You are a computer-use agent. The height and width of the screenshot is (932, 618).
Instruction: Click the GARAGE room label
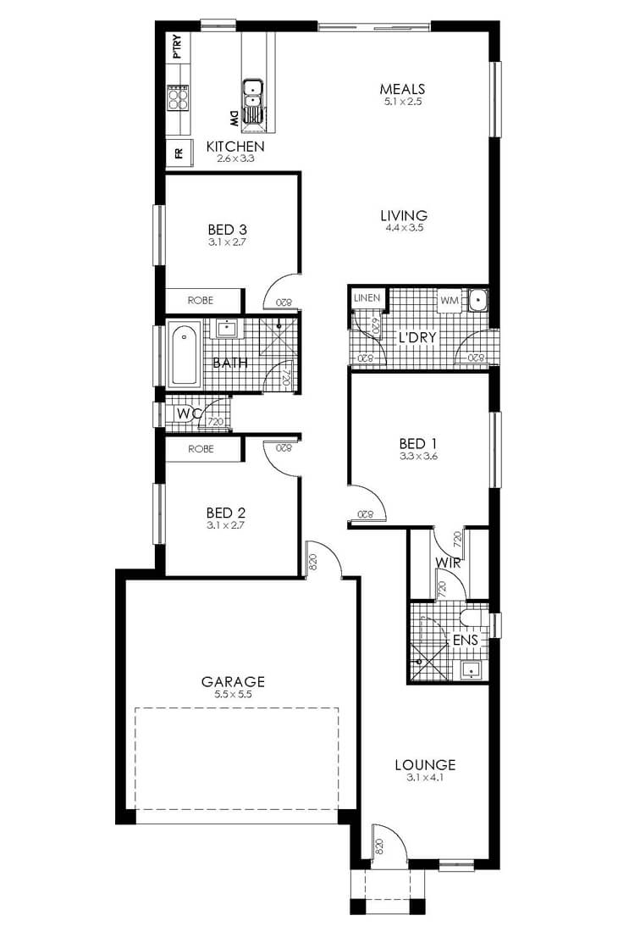point(233,681)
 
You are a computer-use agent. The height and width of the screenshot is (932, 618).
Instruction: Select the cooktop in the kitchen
point(178,97)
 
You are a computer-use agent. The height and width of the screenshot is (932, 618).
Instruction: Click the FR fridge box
point(179,153)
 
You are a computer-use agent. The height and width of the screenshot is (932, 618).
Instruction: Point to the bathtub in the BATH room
point(184,355)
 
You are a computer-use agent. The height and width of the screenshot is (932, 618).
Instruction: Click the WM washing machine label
point(450,301)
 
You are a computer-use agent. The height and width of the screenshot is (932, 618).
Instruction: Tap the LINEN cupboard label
point(367,297)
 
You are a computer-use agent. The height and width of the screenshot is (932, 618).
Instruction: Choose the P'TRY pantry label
point(177,47)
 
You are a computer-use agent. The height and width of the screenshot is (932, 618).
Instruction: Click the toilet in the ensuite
point(473,619)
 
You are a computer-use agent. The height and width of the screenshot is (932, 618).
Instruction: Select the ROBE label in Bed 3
point(200,301)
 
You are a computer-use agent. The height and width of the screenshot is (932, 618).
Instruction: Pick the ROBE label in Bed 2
point(201,449)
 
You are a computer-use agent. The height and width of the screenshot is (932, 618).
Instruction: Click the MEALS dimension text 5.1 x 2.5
point(402,102)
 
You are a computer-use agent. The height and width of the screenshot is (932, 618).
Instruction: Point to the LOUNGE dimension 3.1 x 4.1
point(425,778)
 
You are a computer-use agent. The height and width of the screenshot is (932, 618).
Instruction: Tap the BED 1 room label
point(418,443)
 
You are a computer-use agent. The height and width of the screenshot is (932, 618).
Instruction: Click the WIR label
point(448,563)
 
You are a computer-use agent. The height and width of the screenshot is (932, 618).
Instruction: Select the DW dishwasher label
point(234,119)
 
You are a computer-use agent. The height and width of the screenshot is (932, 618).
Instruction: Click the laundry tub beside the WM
point(477,300)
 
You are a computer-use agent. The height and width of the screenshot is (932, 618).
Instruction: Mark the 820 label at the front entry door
point(380,846)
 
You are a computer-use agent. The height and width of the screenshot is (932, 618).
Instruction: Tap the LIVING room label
point(404,215)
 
